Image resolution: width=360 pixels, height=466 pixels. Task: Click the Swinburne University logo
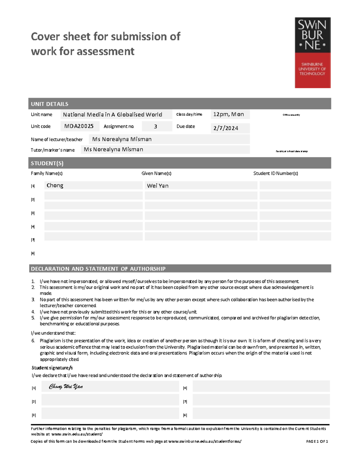(312, 53)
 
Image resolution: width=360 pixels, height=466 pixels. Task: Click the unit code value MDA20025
(79, 126)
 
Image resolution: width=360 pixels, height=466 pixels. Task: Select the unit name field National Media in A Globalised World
(112, 115)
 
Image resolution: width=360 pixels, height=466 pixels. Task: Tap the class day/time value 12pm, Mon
(229, 114)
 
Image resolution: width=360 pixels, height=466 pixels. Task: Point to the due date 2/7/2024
(226, 128)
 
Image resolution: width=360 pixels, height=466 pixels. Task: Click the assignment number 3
(155, 126)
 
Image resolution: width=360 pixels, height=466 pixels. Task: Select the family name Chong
(55, 185)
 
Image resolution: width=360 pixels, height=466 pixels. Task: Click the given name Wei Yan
(158, 186)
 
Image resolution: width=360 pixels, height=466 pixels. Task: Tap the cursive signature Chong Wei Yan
(66, 386)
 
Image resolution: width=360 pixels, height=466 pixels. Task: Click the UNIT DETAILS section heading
(49, 104)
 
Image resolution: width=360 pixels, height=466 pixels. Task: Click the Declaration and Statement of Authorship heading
(98, 269)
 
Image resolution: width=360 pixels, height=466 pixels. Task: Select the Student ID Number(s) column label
(275, 173)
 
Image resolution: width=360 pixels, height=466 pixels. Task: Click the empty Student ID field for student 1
(295, 185)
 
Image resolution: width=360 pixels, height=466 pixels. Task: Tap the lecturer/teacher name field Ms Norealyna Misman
(122, 139)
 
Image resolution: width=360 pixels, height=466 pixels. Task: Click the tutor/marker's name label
(52, 150)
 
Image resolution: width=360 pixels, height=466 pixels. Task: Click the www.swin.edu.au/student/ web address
(77, 434)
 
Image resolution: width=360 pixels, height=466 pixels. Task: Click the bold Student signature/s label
(52, 368)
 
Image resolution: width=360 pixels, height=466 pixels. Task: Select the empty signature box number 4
(261, 386)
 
